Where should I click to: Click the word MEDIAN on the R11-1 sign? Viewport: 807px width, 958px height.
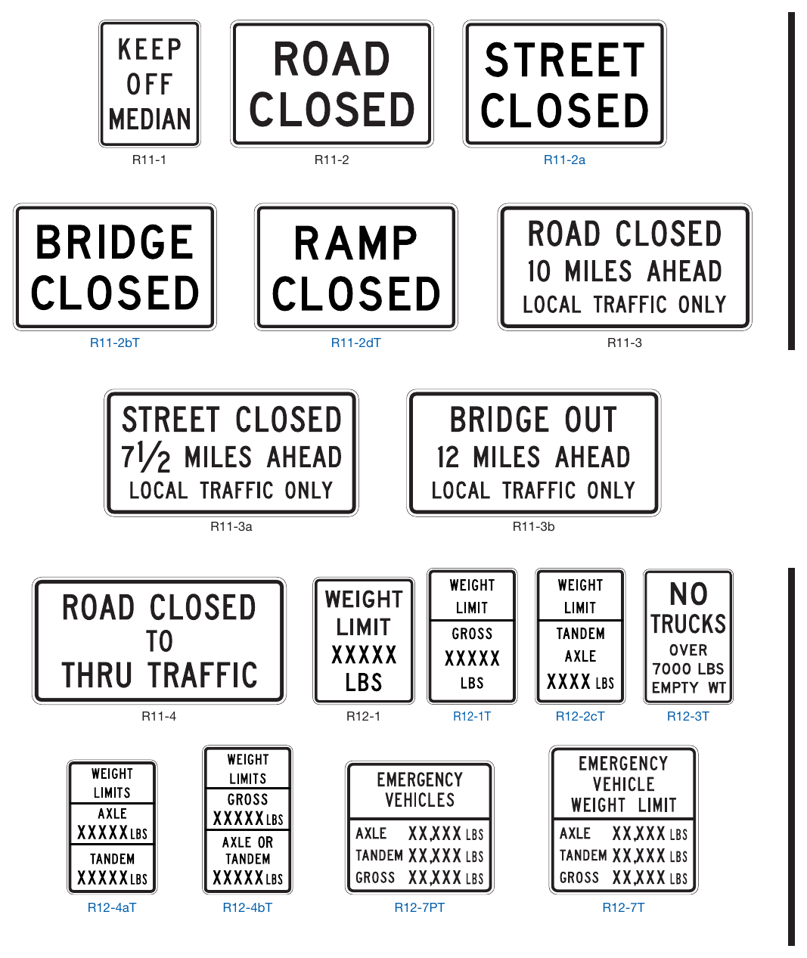(x=150, y=119)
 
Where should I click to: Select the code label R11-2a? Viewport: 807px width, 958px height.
(x=564, y=160)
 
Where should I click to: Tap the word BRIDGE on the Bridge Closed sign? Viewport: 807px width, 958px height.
(x=115, y=242)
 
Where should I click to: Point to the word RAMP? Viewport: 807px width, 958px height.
(x=355, y=243)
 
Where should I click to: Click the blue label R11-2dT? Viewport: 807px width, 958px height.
(x=355, y=343)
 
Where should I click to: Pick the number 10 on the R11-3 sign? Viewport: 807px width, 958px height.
(x=539, y=271)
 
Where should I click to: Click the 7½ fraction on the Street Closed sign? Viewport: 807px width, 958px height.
(x=145, y=458)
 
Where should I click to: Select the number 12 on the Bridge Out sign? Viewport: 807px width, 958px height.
(x=448, y=457)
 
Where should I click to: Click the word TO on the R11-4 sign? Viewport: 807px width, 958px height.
(x=160, y=641)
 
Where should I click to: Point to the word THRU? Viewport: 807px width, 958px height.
(x=97, y=675)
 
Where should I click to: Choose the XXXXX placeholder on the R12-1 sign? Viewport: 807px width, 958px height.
(x=364, y=655)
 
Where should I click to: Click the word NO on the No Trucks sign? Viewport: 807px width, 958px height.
(x=688, y=594)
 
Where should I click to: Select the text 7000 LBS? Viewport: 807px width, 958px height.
(x=688, y=669)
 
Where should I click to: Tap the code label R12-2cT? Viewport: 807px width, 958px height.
(x=580, y=716)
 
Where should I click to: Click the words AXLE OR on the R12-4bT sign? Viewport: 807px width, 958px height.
(x=248, y=842)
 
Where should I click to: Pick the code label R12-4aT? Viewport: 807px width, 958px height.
(x=112, y=907)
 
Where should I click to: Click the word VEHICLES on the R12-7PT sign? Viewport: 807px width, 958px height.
(x=420, y=800)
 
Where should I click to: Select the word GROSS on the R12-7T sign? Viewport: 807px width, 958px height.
(x=579, y=878)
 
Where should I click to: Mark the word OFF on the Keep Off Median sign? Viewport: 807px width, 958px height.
(x=149, y=84)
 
